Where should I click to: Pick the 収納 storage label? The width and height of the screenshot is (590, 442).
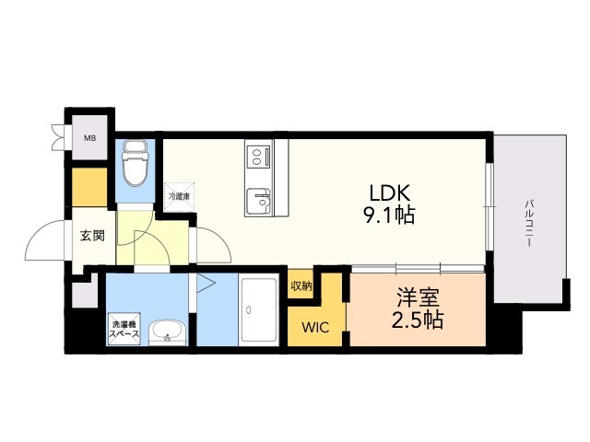[301, 285]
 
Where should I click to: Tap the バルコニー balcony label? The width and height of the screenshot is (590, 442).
[531, 220]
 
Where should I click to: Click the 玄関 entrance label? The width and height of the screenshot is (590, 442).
[91, 236]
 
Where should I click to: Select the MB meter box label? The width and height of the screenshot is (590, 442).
[89, 139]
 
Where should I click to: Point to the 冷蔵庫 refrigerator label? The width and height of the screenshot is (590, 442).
[178, 196]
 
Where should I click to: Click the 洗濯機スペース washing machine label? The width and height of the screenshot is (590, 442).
[124, 330]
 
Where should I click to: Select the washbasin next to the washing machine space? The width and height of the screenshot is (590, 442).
[167, 331]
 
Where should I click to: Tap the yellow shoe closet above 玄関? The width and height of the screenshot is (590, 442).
[89, 188]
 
